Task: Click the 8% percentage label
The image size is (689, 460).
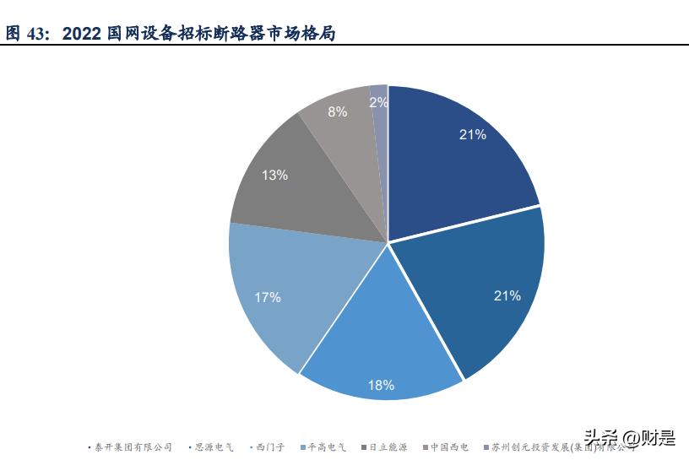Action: [x=337, y=111]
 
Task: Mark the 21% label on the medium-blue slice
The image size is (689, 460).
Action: [x=507, y=295]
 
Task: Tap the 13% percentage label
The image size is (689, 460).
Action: [x=274, y=176]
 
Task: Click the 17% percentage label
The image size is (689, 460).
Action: [x=268, y=297]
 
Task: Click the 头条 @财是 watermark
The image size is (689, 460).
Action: [x=630, y=437]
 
